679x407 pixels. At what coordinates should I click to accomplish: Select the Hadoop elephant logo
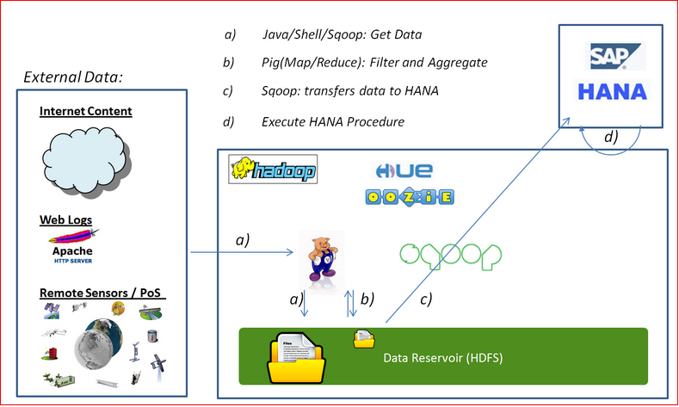pos(272,170)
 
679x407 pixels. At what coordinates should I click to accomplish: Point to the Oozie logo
pos(408,197)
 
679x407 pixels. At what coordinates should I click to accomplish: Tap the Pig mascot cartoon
pos(324,256)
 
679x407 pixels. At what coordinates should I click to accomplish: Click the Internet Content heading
pos(86,112)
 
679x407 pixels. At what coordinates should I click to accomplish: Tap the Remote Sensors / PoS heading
pos(102,294)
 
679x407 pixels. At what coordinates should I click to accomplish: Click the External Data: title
pos(73,77)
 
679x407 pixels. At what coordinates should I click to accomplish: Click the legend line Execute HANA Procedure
pos(332,122)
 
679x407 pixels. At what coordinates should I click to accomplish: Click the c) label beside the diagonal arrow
pos(423,299)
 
